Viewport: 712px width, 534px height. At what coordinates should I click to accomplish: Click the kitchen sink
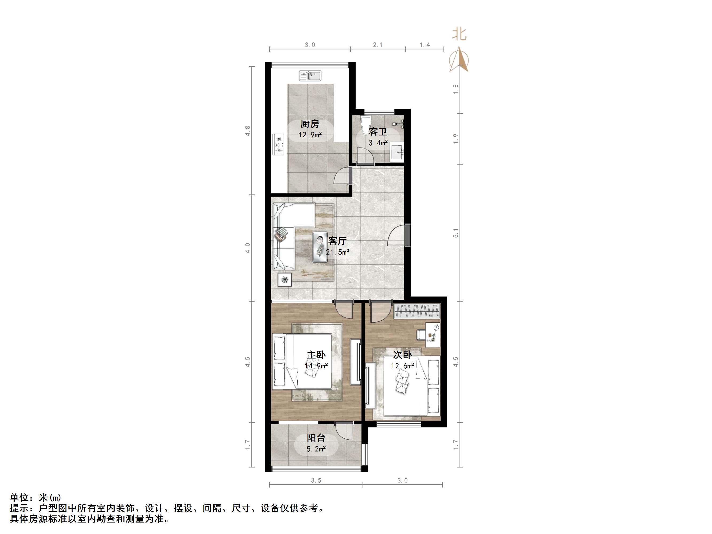(x=310, y=76)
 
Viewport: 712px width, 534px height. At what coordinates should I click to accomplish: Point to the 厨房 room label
(x=310, y=124)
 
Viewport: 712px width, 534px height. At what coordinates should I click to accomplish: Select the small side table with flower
(x=285, y=279)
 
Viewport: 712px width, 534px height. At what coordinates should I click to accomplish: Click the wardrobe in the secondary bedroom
(x=417, y=311)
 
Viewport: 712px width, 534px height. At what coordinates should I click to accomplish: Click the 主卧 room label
(x=316, y=355)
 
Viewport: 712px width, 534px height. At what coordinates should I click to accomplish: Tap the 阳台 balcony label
(x=316, y=438)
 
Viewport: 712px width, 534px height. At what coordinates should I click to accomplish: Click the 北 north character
(x=459, y=34)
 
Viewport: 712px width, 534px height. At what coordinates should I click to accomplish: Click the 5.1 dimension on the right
(x=456, y=233)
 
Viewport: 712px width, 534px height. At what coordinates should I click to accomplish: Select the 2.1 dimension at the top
(x=378, y=45)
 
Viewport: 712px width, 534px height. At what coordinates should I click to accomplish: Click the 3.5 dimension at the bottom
(x=316, y=481)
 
